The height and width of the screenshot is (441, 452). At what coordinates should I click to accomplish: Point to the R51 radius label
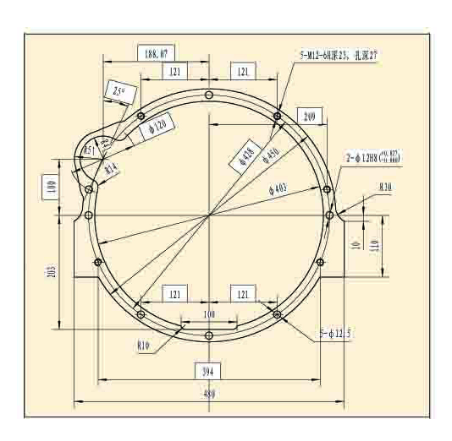pyautogui.click(x=90, y=150)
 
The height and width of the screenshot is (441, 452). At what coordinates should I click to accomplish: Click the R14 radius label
pyautogui.click(x=111, y=168)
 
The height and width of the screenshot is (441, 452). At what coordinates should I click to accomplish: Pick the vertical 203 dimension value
pyautogui.click(x=51, y=272)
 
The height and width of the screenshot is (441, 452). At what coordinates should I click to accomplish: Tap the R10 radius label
pyautogui.click(x=386, y=186)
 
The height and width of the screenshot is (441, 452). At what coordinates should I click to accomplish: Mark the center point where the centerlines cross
pyautogui.click(x=208, y=215)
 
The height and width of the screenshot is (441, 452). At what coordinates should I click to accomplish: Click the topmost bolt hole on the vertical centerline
pyautogui.click(x=208, y=95)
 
